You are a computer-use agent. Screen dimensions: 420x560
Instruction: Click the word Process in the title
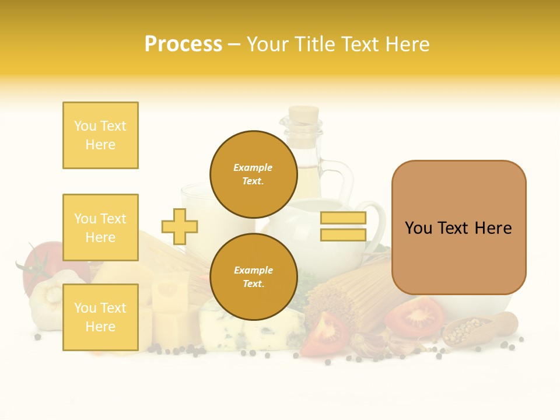[183, 44]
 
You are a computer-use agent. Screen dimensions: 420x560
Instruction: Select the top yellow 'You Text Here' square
[100, 135]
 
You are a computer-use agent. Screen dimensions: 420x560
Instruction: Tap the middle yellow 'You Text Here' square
[100, 228]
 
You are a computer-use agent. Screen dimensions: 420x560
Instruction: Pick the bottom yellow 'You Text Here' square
[100, 317]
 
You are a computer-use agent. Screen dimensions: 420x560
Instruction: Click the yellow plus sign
[180, 226]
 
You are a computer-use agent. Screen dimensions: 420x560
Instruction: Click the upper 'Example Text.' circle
[253, 174]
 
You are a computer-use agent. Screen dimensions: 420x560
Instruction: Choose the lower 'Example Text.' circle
[253, 276]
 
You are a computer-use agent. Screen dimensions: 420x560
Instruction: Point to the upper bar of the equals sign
[343, 218]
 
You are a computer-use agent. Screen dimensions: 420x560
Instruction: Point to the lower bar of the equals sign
[343, 235]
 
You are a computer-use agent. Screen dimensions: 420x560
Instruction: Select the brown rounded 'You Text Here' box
[459, 228]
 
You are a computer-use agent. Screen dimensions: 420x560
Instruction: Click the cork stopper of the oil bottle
[304, 114]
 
